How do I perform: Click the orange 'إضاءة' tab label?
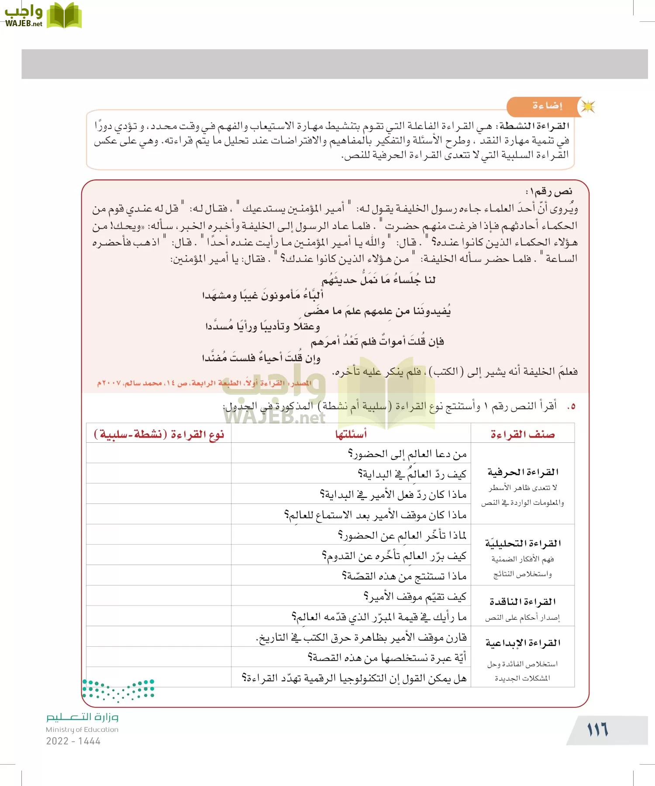point(547,106)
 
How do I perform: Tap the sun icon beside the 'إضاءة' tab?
point(588,107)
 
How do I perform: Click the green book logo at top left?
point(64,16)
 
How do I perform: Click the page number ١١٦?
point(597,730)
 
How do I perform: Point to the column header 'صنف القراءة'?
point(522,434)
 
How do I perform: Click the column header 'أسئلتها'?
point(351,434)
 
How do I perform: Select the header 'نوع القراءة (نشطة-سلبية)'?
point(159,434)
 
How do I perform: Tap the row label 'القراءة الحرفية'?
point(523,472)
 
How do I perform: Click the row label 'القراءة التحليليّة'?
point(523,543)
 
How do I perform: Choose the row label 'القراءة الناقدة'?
point(523,602)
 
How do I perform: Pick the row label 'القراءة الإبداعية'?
point(523,643)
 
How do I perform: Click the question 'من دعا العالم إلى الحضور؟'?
point(407,454)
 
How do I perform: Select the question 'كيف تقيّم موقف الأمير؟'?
point(415,596)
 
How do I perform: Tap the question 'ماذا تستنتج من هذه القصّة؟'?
point(404,576)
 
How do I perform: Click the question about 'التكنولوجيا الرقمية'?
point(354,678)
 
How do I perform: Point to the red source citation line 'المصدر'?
point(204,383)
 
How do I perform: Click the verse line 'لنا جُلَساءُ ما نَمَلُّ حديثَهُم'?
point(378,279)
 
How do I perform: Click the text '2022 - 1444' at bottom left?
point(73,741)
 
